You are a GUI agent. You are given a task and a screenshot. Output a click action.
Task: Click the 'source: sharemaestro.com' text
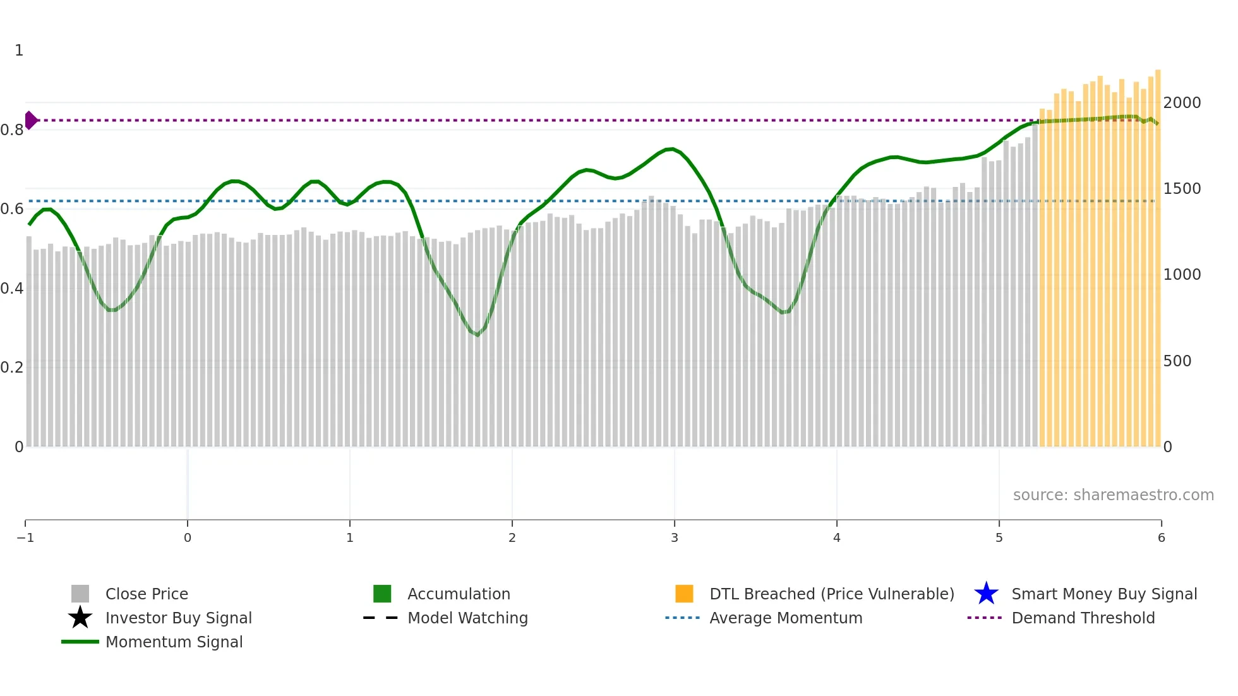pos(1113,495)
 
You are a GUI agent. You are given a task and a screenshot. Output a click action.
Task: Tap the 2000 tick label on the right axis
pos(1182,103)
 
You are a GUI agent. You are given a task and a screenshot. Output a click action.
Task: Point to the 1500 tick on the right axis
pos(1182,189)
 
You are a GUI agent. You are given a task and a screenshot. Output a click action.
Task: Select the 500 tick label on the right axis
pos(1177,361)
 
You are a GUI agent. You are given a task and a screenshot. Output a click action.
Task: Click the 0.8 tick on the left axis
pos(12,130)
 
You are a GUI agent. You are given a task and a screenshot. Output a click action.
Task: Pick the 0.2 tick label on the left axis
pos(12,368)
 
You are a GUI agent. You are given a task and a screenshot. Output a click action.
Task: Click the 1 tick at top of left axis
pos(19,51)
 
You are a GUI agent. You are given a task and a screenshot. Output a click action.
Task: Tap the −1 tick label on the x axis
pos(25,538)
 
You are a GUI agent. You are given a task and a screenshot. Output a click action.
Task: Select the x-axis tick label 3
pos(675,538)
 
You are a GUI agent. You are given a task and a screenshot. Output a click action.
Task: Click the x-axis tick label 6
pos(1161,538)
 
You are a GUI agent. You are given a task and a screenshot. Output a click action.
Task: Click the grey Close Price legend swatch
pos(80,594)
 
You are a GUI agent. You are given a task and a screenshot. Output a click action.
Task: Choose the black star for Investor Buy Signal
pos(80,618)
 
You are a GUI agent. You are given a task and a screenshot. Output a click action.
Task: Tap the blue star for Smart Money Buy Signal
pos(986,594)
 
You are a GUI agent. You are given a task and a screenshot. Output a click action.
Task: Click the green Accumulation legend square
pos(382,594)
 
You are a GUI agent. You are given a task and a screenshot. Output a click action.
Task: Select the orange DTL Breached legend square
pos(684,594)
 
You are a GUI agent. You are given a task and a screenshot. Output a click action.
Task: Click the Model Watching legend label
pos(467,618)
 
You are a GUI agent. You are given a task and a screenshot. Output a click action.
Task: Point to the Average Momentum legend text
pos(786,618)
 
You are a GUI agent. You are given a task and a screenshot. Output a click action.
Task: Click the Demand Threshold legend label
pos(1083,618)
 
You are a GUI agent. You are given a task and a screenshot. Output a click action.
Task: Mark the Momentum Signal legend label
pos(174,642)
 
